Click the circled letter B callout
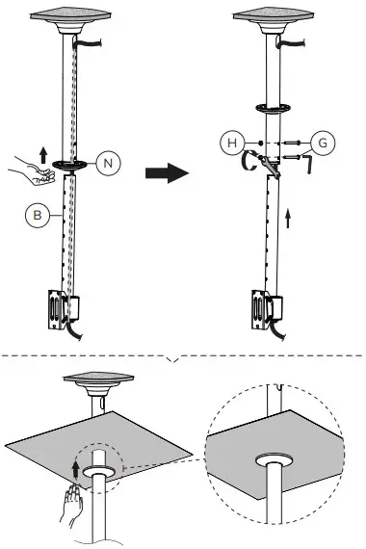[36, 216]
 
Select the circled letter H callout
[230, 143]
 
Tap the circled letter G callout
[324, 143]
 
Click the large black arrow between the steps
[164, 174]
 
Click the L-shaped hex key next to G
[307, 164]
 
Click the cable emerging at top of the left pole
[91, 42]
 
